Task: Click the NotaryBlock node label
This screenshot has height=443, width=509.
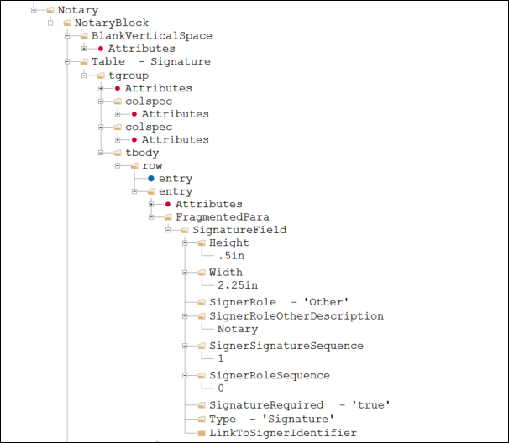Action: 112,23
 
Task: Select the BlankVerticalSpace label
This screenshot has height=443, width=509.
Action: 152,36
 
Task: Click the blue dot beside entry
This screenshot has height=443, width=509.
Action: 151,179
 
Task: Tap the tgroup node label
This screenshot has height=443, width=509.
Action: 129,76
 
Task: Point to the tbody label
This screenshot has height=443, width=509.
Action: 142,153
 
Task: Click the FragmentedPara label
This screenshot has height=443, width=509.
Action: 223,217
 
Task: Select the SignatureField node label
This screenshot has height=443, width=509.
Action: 239,230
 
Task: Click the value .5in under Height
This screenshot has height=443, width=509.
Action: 231,256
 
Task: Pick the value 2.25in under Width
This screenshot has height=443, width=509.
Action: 238,285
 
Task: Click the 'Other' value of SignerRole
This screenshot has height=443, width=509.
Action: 326,302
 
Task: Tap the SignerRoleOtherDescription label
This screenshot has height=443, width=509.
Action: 296,316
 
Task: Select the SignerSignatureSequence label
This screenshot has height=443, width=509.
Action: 286,346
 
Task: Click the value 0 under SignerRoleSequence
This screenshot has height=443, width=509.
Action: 221,388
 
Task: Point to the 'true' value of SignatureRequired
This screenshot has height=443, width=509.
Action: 371,405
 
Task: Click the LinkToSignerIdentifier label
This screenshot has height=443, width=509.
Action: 283,433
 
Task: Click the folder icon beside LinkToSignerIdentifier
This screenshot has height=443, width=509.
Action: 202,433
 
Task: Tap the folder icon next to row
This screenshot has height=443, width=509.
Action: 134,166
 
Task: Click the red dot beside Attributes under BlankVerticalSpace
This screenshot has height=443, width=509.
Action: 101,49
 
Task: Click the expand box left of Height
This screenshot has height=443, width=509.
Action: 185,243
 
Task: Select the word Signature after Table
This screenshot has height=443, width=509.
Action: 181,62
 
